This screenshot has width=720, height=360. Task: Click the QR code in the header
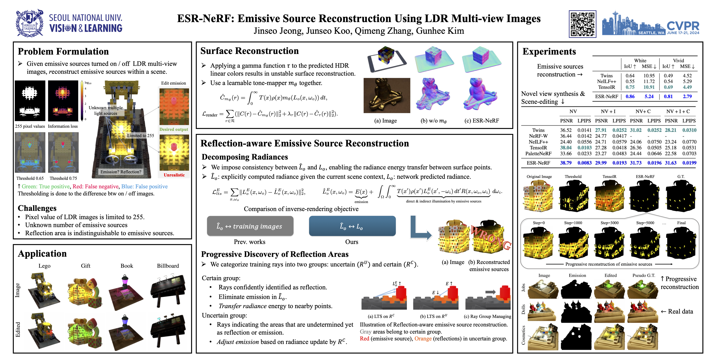(582, 24)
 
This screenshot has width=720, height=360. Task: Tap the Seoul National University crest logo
(30, 24)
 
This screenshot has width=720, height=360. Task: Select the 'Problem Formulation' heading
(63, 51)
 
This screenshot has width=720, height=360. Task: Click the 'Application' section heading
(42, 254)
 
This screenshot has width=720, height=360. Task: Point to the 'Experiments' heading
(549, 51)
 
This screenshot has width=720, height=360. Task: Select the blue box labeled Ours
(352, 226)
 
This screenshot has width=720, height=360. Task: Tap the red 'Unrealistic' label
(174, 175)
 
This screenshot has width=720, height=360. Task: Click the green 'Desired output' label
(174, 129)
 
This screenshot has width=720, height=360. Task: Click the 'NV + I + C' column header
(678, 111)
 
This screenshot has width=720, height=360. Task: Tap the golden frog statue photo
(386, 96)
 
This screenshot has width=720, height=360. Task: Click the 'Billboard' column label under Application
(168, 266)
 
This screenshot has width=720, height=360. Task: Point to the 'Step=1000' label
(573, 223)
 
